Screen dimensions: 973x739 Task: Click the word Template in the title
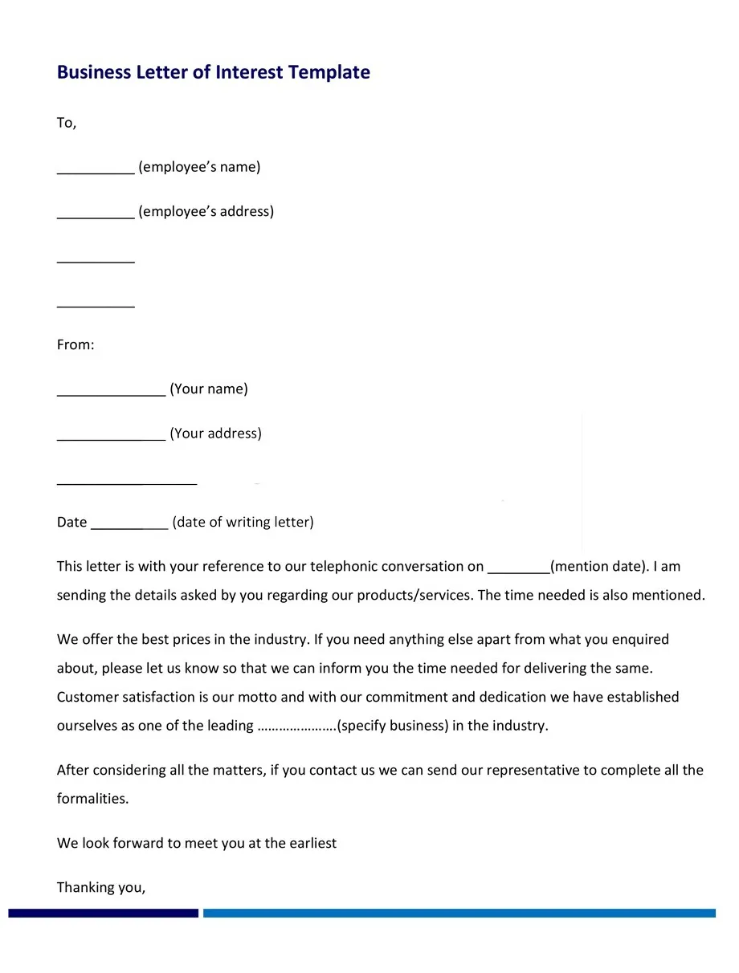329,72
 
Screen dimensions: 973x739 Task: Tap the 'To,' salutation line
66,123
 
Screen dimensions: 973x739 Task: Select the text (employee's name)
199,167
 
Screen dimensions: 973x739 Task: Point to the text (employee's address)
206,211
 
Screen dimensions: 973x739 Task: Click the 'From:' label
76,344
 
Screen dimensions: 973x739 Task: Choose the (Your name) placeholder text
209,389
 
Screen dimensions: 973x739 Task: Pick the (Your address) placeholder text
215,434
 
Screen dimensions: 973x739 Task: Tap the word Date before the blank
71,522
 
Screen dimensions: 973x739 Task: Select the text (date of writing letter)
243,522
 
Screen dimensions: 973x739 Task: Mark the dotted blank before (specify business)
296,727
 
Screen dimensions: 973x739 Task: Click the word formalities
92,799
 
